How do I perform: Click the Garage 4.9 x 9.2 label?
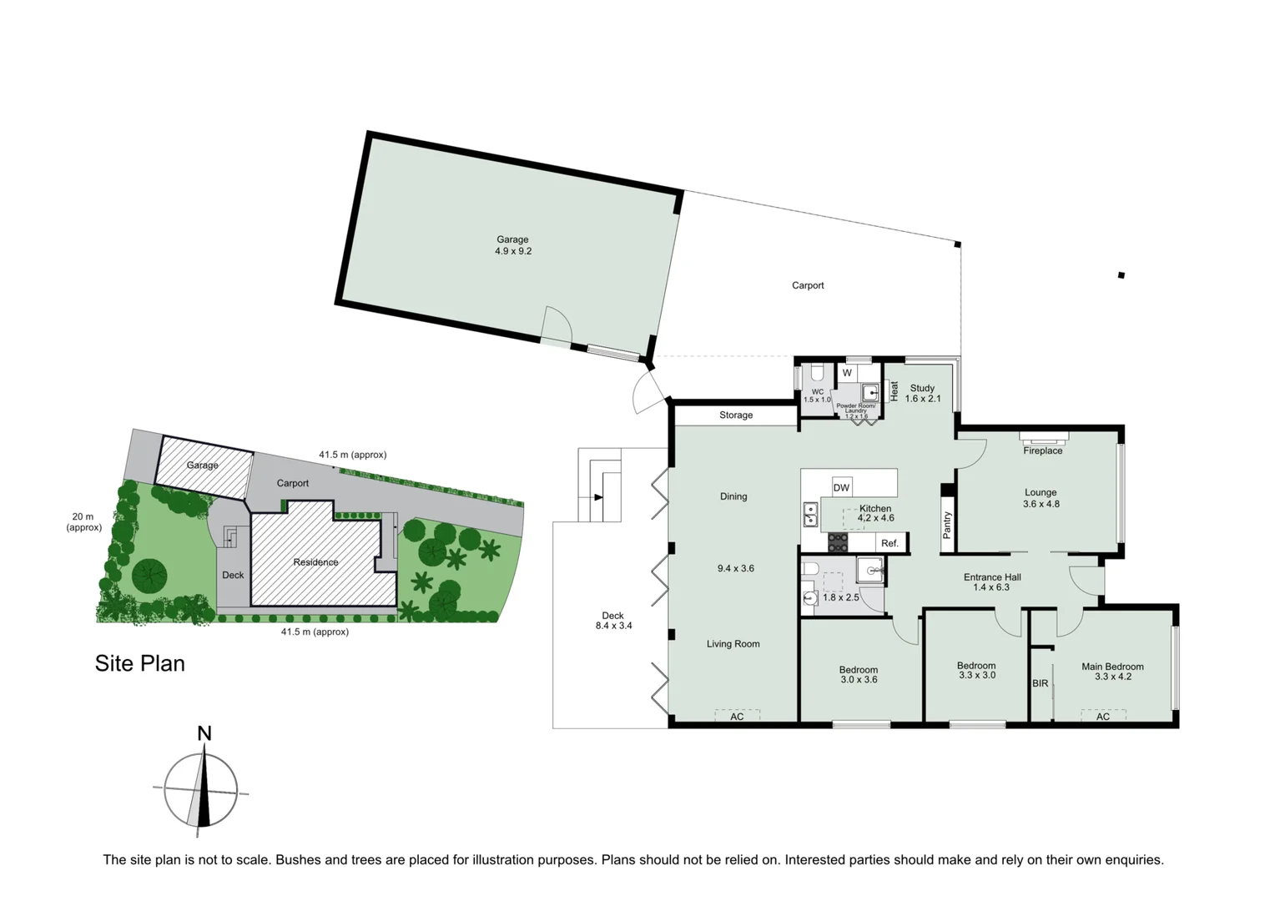click(x=512, y=245)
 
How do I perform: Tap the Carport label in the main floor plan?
click(x=807, y=285)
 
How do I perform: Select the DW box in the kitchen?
click(x=841, y=488)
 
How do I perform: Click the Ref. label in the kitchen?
click(x=889, y=543)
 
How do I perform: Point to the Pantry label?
click(x=946, y=525)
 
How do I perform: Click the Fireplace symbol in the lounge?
click(x=1043, y=436)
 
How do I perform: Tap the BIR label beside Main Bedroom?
click(x=1040, y=683)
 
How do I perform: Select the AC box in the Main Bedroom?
click(x=1102, y=716)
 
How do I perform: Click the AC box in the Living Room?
click(x=737, y=716)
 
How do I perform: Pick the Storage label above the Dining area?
click(x=735, y=415)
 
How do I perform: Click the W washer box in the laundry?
click(x=847, y=373)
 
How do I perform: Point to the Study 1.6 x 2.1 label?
click(x=922, y=393)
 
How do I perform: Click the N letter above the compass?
click(x=204, y=733)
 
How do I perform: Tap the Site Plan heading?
click(x=139, y=663)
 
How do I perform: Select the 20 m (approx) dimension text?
click(x=83, y=522)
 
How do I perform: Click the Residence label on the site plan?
click(x=315, y=562)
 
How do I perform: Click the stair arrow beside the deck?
click(x=598, y=497)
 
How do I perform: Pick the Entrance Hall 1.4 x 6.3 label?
click(x=991, y=581)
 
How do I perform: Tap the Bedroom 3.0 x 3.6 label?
click(x=858, y=674)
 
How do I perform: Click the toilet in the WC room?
click(x=817, y=373)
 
